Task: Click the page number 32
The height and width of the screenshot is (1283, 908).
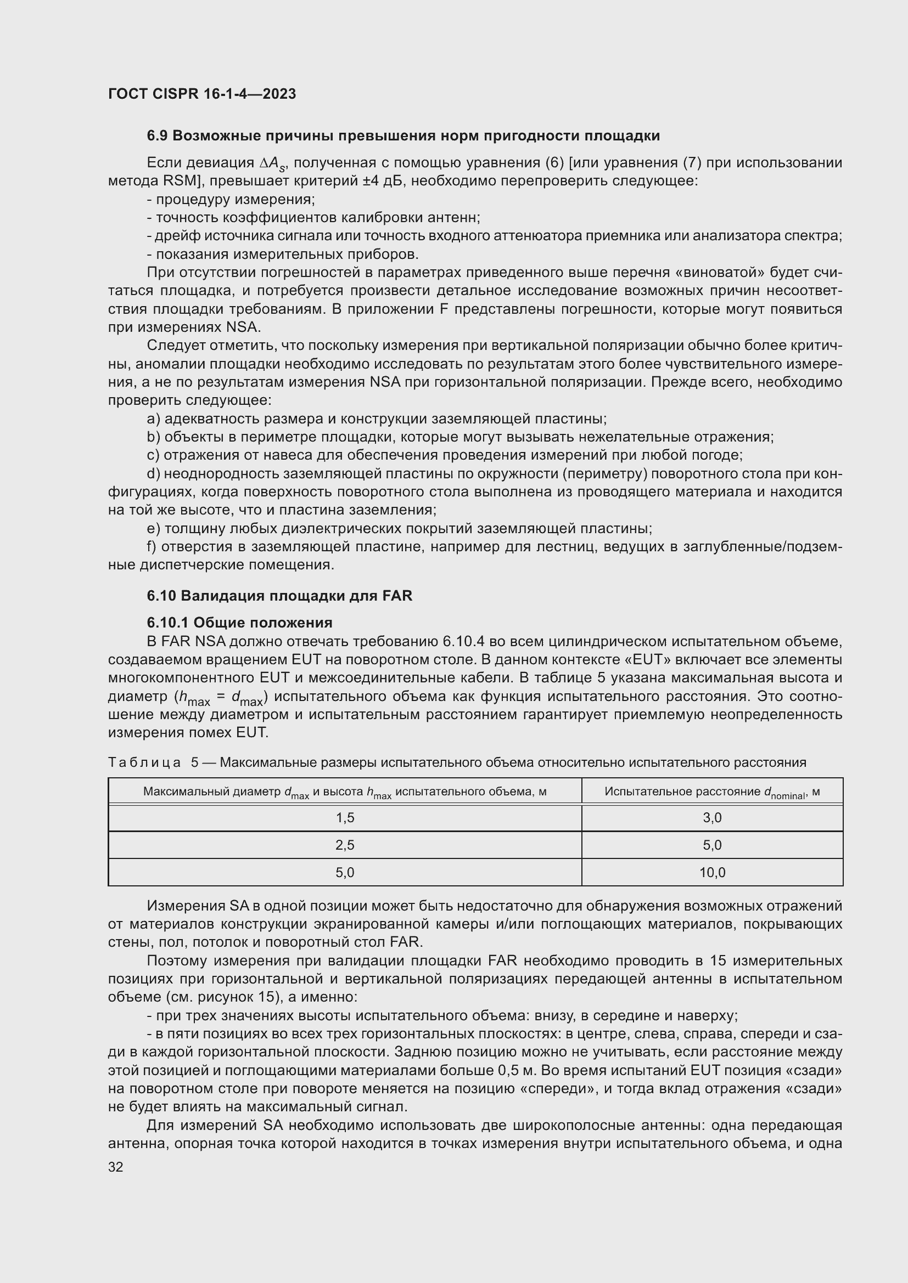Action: coord(116,1167)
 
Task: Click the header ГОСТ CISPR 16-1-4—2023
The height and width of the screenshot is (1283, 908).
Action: coord(202,94)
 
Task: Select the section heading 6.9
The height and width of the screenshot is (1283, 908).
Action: coord(158,136)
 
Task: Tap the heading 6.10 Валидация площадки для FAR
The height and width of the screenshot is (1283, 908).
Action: coord(279,596)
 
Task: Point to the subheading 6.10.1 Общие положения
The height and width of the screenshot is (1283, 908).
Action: coord(239,623)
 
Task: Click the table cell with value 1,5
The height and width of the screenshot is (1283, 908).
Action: coord(345,818)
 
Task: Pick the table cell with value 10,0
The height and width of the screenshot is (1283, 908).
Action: coord(712,872)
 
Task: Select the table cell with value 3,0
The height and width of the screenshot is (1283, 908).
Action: coord(712,818)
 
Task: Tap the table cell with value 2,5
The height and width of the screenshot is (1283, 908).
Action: coord(345,845)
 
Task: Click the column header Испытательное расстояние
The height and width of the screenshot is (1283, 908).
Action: coord(712,793)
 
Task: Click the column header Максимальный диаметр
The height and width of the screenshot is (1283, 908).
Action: coord(345,793)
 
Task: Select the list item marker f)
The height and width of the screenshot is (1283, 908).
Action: coord(152,546)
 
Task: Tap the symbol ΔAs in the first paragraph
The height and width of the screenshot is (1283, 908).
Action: coord(273,163)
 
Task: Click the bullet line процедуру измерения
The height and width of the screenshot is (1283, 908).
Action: coord(231,200)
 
